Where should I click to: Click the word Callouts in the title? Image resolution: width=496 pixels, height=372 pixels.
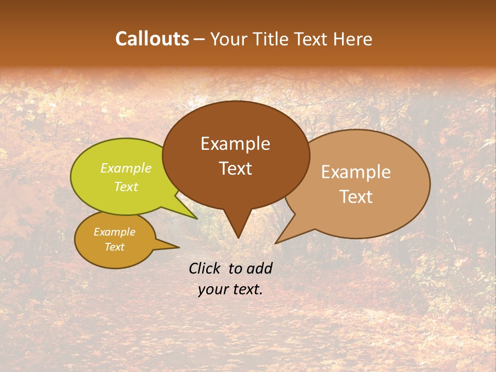pos(152,39)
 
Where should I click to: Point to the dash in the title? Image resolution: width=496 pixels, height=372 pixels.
pos(200,39)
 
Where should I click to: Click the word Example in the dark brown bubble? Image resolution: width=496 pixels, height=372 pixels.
pos(236,144)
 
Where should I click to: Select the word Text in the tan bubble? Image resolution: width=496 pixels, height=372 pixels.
pos(356,197)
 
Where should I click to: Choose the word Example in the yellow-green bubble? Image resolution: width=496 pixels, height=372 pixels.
pos(126,168)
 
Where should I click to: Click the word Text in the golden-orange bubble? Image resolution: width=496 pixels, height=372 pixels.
pos(115,247)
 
